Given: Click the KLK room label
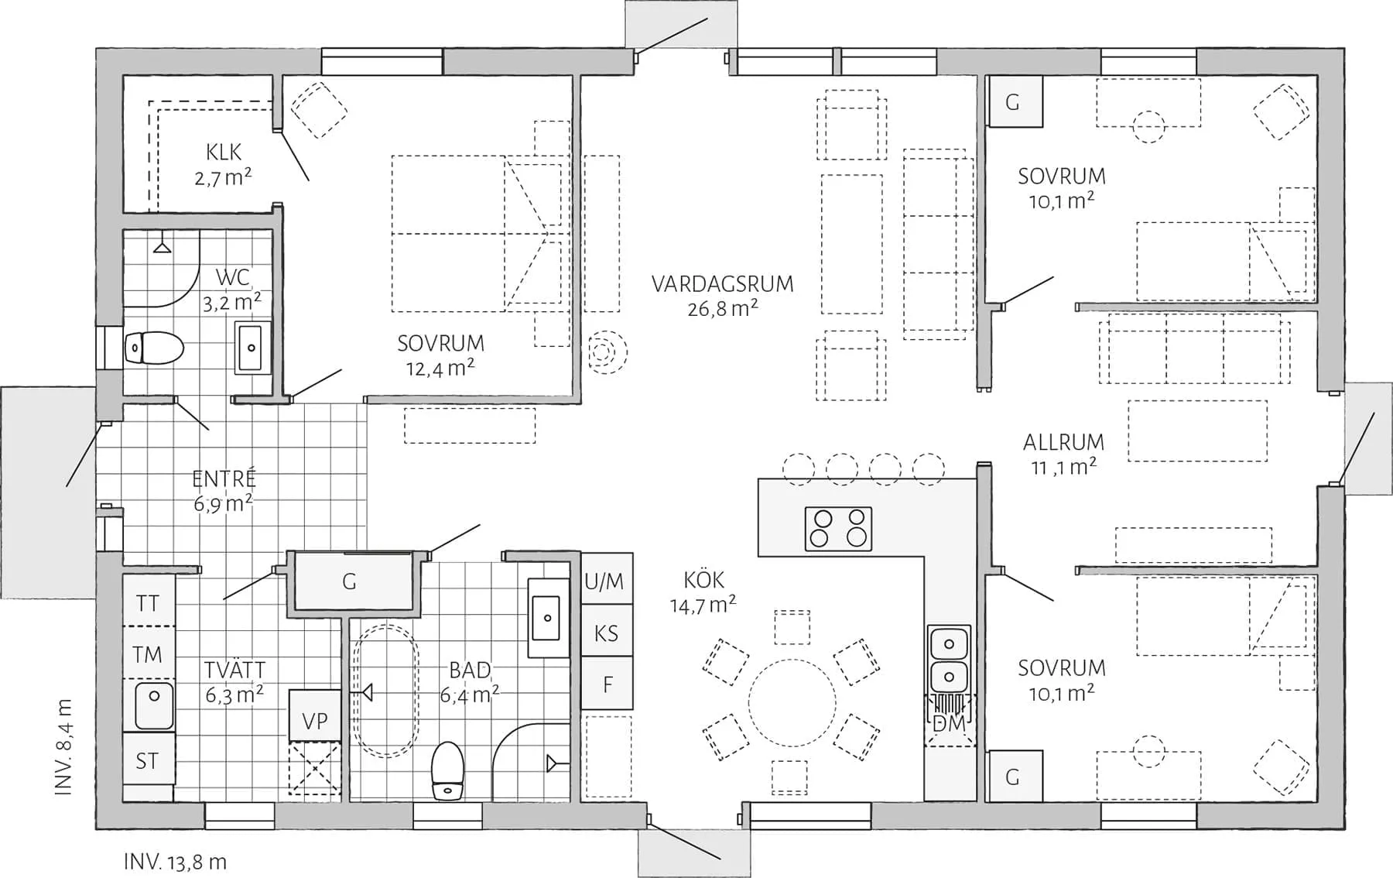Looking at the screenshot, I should coord(224,152).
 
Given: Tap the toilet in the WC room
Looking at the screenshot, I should coord(154,348).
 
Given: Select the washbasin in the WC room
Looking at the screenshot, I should coord(252,348).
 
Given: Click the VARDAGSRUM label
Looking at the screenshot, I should coord(722,284).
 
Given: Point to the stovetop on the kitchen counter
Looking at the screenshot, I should coord(838,529).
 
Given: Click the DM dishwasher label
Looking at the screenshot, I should coord(949,723).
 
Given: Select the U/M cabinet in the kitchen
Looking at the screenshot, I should coord(606,580).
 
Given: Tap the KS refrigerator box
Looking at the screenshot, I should coord(606,633).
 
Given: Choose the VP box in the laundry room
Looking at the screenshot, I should coord(314,720).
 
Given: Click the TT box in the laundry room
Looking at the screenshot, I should coord(148,603).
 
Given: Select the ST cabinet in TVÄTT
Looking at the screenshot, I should coord(147,761).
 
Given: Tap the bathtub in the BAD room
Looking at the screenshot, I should coord(385,691).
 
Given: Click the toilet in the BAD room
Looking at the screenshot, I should coord(447,770).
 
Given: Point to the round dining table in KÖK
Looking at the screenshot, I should coord(792,702).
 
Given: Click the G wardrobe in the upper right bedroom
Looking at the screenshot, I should coord(1012,101).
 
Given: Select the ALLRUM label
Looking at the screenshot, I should coord(1063,442).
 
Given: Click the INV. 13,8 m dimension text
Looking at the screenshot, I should coord(175,862).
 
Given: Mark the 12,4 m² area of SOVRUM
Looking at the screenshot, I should coord(440,368).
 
